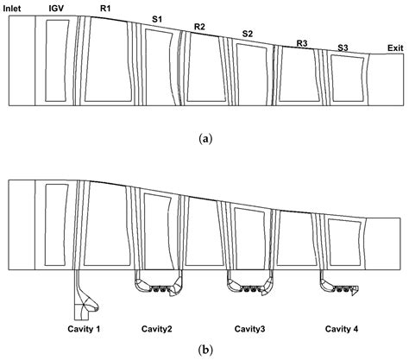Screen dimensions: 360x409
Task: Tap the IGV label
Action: coord(56,9)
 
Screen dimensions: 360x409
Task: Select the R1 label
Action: coord(105,8)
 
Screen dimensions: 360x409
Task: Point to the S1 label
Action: coord(156,18)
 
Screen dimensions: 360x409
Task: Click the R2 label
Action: coord(199,27)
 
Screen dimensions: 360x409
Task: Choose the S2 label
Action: coord(248,34)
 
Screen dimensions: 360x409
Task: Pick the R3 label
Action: coord(301,42)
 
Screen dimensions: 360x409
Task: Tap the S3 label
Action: coord(343,47)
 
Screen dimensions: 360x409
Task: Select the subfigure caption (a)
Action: coord(204,137)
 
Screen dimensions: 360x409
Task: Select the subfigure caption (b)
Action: coord(204,351)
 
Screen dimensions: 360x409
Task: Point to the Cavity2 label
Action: coord(162,329)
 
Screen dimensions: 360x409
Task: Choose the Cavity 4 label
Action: coord(347,329)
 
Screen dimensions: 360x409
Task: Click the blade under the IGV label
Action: coord(56,60)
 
